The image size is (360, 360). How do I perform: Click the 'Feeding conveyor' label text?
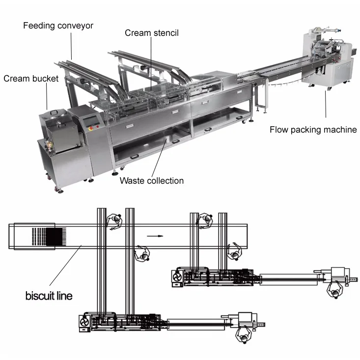pyautogui.click(x=58, y=25)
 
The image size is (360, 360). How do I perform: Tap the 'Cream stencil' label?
pyautogui.click(x=151, y=33)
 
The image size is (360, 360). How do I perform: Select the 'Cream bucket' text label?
pyautogui.click(x=31, y=79)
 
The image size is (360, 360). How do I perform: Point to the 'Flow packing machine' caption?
pyautogui.click(x=313, y=130)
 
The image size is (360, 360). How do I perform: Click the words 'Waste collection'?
pyautogui.click(x=152, y=181)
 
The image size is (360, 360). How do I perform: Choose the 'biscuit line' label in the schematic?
pyautogui.click(x=49, y=296)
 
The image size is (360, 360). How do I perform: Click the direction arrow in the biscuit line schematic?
pyautogui.click(x=154, y=236)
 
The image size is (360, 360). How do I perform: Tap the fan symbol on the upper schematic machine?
pyautogui.click(x=176, y=278)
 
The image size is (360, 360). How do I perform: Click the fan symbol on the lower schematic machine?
pyautogui.click(x=83, y=323)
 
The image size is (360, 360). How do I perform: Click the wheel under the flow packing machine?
pyautogui.click(x=327, y=88)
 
